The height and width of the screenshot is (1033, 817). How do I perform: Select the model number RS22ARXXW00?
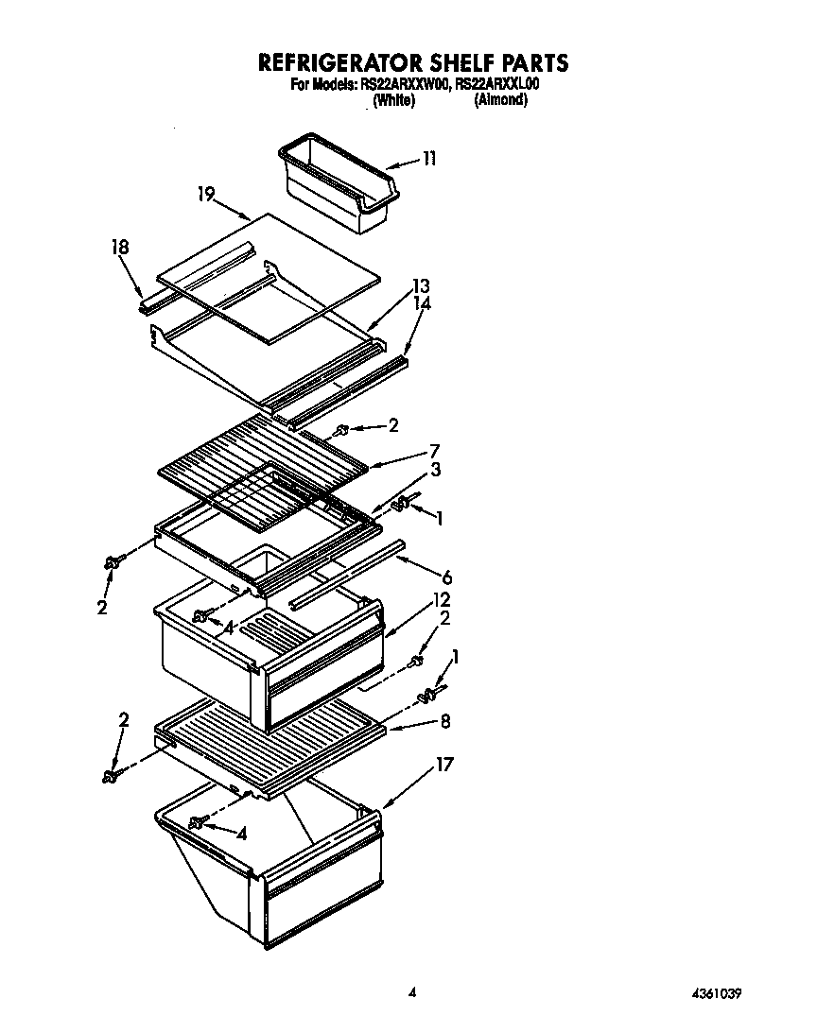404,84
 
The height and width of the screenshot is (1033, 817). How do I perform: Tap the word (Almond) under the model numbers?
500,99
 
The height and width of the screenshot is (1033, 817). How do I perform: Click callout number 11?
429,158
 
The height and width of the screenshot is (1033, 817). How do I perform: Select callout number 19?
206,195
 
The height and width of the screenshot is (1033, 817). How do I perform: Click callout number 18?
120,248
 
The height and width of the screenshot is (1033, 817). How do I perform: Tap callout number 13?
421,286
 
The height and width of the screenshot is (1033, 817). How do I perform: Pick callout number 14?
421,303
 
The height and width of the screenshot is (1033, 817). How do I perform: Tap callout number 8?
445,721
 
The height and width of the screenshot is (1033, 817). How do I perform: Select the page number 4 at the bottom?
412,992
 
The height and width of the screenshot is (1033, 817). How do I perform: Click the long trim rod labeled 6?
349,573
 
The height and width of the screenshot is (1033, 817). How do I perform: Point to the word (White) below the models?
393,99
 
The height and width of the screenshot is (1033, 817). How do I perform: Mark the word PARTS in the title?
530,63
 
